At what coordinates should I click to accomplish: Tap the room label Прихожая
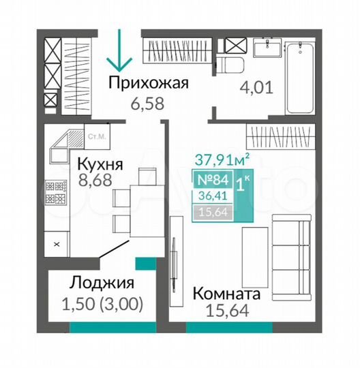tap(149, 85)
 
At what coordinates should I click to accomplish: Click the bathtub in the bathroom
tap(301, 78)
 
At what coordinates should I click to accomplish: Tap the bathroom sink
tap(265, 48)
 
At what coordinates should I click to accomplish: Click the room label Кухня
tap(99, 164)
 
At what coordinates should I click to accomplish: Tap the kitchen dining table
tap(144, 198)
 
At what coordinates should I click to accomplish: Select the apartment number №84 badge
tap(213, 181)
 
